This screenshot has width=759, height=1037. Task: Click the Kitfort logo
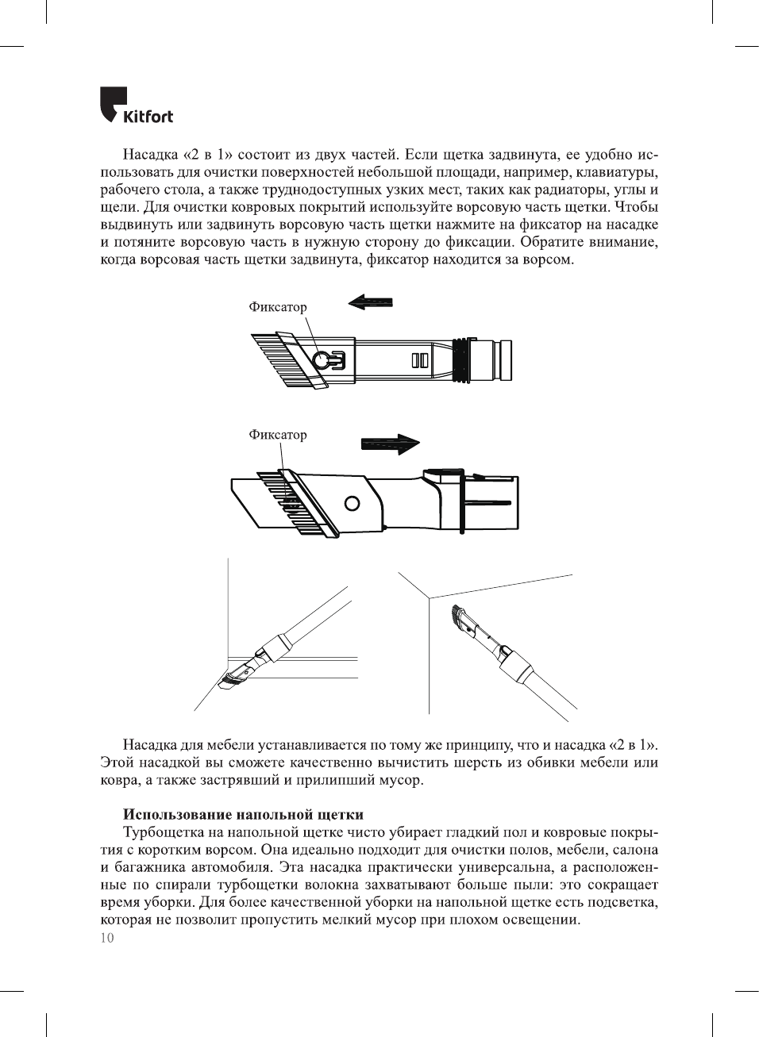(136, 106)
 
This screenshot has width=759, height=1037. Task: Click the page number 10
(107, 938)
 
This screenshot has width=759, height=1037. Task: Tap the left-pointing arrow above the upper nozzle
(370, 302)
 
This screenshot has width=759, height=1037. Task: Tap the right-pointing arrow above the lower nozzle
(390, 444)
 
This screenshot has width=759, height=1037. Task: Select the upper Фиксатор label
(277, 307)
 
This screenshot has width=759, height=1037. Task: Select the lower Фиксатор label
(277, 435)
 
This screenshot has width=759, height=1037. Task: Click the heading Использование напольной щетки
(243, 815)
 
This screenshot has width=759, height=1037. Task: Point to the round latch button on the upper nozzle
(321, 360)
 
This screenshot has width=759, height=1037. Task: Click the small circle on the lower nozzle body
(352, 503)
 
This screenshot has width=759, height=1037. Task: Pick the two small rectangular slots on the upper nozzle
(420, 361)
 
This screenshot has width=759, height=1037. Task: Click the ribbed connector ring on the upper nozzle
(461, 359)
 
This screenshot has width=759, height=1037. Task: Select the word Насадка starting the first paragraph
(150, 155)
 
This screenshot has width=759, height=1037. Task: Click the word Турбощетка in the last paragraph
(163, 832)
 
